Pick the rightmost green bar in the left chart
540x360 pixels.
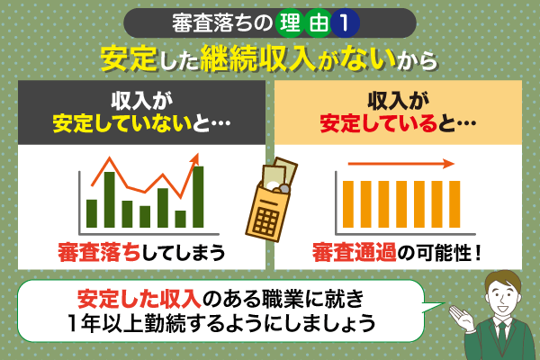198,196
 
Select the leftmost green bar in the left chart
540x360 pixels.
92,212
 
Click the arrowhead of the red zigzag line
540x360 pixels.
193,158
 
